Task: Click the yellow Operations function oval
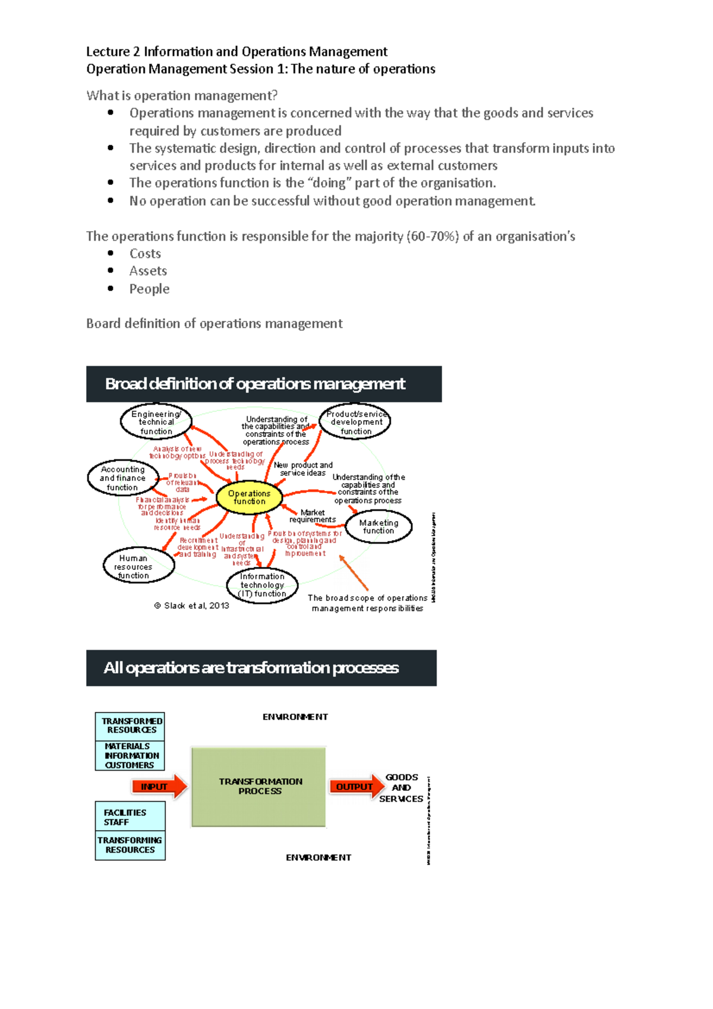point(249,497)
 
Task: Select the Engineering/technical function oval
point(156,422)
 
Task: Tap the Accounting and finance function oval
point(122,478)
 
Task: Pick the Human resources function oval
point(138,566)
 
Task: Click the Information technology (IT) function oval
point(262,585)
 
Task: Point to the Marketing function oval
point(378,526)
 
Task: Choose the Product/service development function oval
point(355,422)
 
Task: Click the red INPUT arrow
point(159,786)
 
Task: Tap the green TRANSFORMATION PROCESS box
point(259,787)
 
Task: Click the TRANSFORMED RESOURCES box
point(131,726)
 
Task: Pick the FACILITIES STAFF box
point(130,817)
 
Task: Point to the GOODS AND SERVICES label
point(402,788)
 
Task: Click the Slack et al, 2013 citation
point(192,606)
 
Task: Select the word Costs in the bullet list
point(145,254)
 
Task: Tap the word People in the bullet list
point(149,289)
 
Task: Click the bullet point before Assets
point(111,271)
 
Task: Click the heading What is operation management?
point(182,96)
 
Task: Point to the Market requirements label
point(313,516)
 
